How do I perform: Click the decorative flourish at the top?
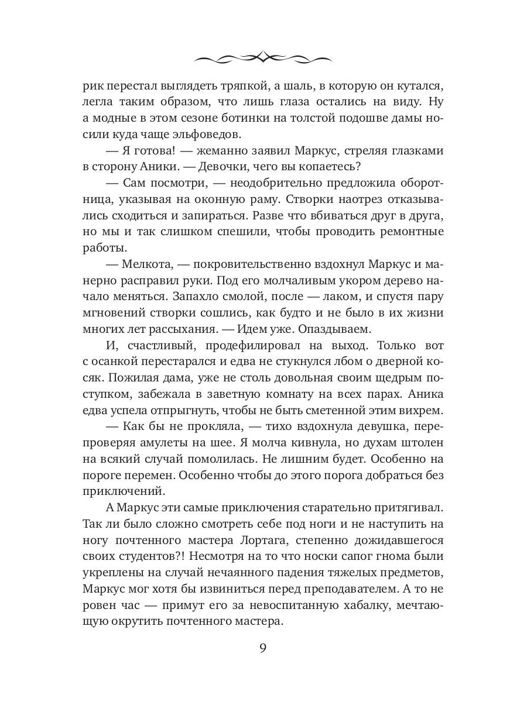[263, 57]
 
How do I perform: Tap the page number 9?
[263, 649]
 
